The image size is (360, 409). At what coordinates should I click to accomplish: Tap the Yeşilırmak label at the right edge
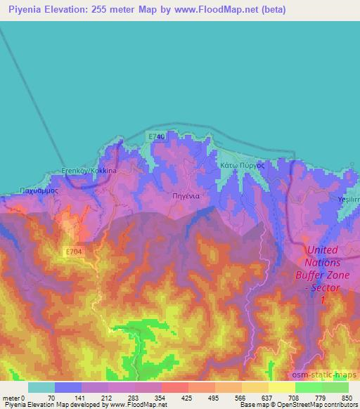pyautogui.click(x=349, y=200)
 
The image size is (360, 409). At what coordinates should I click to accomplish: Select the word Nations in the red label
pyautogui.click(x=323, y=262)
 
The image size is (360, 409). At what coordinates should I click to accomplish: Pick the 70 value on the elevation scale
pyautogui.click(x=51, y=397)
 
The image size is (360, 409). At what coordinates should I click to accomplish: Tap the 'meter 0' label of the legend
pyautogui.click(x=13, y=397)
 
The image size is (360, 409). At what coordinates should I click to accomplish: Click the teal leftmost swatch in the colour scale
pyautogui.click(x=41, y=387)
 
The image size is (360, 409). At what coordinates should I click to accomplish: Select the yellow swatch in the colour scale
pyautogui.click(x=281, y=387)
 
